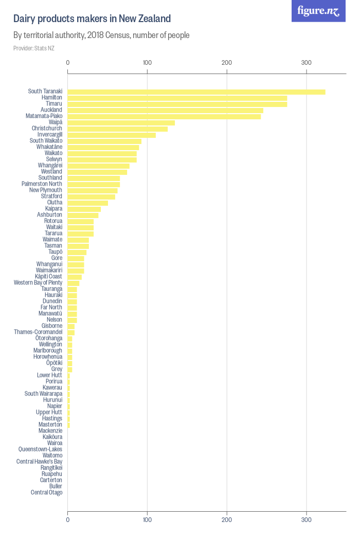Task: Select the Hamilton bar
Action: tap(177, 98)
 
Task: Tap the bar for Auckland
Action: tap(166, 110)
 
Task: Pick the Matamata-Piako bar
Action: tap(164, 116)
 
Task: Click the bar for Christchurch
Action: tap(118, 129)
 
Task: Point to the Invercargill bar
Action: tap(112, 135)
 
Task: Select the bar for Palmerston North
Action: tap(94, 184)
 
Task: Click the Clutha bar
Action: tap(88, 203)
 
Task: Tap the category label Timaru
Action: tap(54, 104)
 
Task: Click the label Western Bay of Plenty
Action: tap(38, 283)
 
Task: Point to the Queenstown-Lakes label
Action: tap(40, 449)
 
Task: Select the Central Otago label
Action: tap(46, 492)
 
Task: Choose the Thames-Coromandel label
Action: tap(38, 332)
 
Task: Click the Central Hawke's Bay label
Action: tap(39, 461)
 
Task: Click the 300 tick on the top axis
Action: tap(307, 63)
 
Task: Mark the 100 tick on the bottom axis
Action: tap(148, 520)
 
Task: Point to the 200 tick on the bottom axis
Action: tap(227, 520)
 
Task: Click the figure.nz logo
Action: tap(318, 11)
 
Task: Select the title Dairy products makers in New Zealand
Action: tap(92, 19)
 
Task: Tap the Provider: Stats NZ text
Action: tap(34, 48)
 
